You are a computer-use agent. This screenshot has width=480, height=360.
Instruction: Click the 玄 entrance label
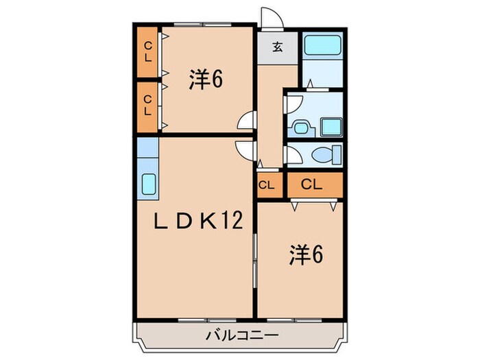pos(278,47)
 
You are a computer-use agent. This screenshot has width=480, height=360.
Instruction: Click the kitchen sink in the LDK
pos(148,184)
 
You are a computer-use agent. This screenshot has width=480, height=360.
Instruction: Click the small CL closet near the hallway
pos(267,184)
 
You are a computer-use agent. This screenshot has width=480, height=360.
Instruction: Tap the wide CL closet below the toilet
pos(311,184)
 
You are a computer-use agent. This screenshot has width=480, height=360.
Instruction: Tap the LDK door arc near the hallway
pos(243,148)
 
